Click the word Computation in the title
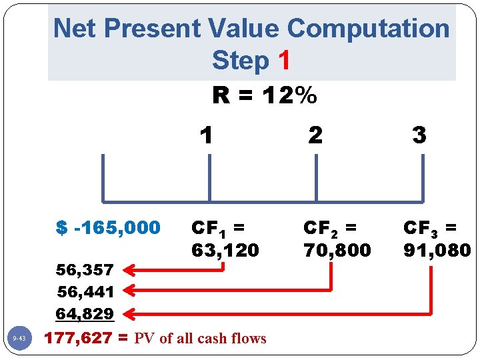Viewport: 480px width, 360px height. (368, 29)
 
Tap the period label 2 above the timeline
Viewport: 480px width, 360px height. (315, 135)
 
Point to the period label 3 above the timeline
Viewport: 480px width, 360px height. (419, 135)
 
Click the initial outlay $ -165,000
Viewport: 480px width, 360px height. (109, 228)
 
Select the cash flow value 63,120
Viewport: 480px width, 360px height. (225, 251)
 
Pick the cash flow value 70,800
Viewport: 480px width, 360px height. (337, 251)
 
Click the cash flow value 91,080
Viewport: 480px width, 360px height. (437, 251)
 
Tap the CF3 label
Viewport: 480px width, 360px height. (430, 228)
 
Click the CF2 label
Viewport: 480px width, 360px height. (330, 228)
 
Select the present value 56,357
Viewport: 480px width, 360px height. (85, 270)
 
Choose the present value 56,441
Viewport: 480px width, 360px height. (85, 291)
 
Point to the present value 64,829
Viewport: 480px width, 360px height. (85, 313)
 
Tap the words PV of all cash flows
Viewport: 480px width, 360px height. (200, 339)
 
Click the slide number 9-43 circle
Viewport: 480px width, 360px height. (19, 339)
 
